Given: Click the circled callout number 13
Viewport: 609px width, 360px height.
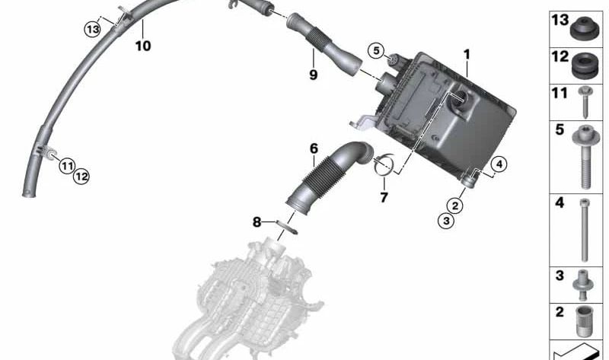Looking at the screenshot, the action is pyautogui.click(x=93, y=29).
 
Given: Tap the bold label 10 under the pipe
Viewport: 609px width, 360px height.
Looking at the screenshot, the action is pyautogui.click(x=143, y=46).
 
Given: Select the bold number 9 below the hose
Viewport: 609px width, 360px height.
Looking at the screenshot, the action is pyautogui.click(x=314, y=74).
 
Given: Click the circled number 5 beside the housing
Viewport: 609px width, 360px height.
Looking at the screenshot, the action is pyautogui.click(x=376, y=50).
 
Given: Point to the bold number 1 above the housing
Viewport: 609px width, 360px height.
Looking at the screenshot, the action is pyautogui.click(x=467, y=54).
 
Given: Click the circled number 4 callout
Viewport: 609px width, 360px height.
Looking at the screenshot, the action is pyautogui.click(x=499, y=164).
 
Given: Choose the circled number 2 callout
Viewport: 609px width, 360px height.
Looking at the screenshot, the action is pyautogui.click(x=454, y=205).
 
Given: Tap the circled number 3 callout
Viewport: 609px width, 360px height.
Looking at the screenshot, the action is pyautogui.click(x=446, y=221).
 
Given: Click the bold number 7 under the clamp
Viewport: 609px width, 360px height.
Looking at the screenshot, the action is pyautogui.click(x=384, y=198).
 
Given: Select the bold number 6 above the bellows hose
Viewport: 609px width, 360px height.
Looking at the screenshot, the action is pyautogui.click(x=314, y=148).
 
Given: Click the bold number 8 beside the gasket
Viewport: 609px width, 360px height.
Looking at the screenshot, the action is pyautogui.click(x=257, y=222).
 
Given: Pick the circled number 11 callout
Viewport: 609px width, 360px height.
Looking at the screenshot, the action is pyautogui.click(x=67, y=167).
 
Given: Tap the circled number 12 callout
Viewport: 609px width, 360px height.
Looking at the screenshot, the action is pyautogui.click(x=81, y=177).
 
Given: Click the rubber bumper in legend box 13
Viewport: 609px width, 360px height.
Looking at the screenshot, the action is pyautogui.click(x=585, y=29).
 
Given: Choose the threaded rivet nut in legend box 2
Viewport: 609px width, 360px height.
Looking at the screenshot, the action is pyautogui.click(x=582, y=321).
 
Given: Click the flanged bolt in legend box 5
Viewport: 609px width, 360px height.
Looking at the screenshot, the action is pyautogui.click(x=585, y=157).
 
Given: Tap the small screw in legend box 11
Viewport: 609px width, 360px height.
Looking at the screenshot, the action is pyautogui.click(x=585, y=102).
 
